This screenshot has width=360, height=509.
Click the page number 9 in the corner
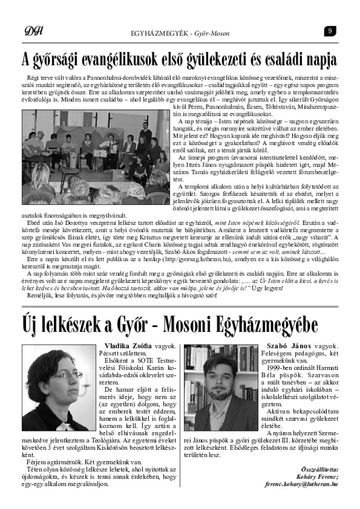[330, 31]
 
